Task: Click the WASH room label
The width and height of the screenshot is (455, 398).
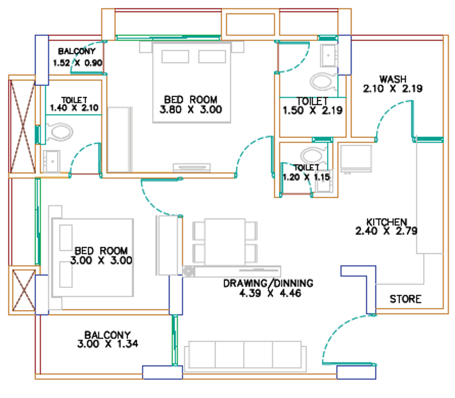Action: click(393, 79)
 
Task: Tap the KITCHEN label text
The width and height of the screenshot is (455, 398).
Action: click(387, 222)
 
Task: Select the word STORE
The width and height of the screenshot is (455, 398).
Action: click(406, 299)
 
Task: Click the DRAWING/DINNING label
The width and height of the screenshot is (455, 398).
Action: click(268, 283)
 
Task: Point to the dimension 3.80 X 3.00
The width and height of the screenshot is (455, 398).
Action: click(191, 110)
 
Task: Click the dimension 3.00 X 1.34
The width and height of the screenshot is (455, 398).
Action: click(107, 344)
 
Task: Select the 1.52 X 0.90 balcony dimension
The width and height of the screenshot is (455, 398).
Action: click(77, 62)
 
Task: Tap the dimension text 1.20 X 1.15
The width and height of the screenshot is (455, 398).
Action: click(306, 177)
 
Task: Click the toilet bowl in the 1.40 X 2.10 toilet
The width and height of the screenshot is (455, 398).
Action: click(60, 132)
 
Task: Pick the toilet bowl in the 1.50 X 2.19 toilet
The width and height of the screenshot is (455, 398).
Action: click(324, 81)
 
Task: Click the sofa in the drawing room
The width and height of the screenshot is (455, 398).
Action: click(245, 357)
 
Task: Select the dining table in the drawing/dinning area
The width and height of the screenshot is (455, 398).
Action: click(225, 242)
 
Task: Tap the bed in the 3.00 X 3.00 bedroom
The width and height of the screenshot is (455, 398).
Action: click(92, 258)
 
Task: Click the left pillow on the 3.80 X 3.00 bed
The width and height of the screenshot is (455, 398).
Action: click(175, 56)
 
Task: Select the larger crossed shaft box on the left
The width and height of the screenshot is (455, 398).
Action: click(23, 126)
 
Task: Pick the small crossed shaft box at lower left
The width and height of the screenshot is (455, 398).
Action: click(24, 290)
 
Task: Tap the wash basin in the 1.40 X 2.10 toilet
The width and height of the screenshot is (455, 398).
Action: click(52, 161)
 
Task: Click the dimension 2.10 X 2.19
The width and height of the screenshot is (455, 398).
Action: click(392, 89)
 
